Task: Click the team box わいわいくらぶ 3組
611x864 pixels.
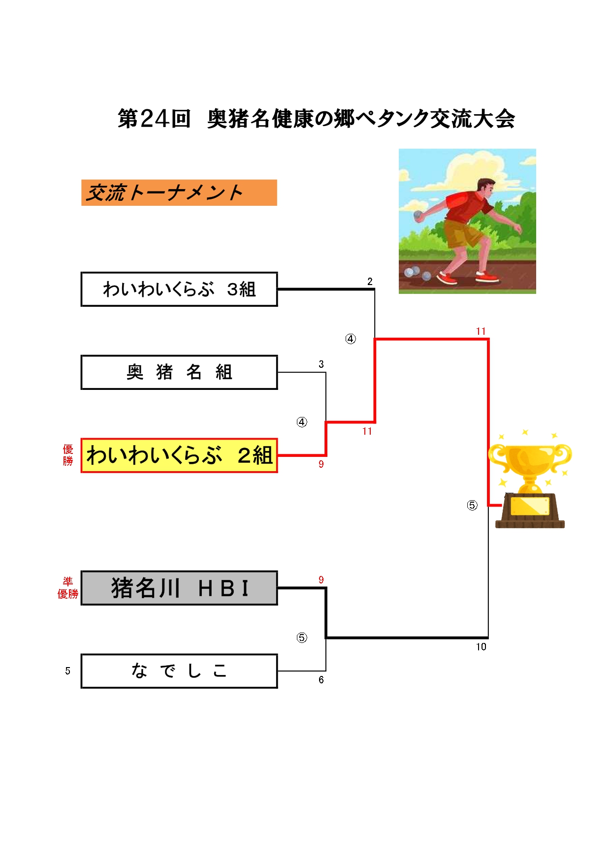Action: point(179,289)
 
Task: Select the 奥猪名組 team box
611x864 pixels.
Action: point(179,372)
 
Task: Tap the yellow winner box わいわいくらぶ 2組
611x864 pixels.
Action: point(179,455)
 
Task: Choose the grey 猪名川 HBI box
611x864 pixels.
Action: point(179,588)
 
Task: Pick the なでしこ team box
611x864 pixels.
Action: point(179,671)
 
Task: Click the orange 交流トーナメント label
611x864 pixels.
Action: point(179,192)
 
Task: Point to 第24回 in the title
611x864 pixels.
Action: point(154,119)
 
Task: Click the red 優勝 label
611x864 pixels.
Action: point(68,455)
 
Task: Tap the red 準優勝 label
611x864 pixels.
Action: point(68,588)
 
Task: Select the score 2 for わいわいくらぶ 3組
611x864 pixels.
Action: point(370,282)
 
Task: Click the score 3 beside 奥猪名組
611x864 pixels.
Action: point(321,364)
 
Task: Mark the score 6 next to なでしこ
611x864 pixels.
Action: point(321,680)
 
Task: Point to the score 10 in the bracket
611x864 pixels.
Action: point(481,647)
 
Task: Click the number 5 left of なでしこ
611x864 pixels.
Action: point(67,671)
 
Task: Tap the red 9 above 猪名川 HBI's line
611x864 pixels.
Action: point(321,580)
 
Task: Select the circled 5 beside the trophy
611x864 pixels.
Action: point(472,505)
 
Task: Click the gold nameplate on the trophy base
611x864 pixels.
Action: point(530,506)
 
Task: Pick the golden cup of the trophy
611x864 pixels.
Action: point(530,460)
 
